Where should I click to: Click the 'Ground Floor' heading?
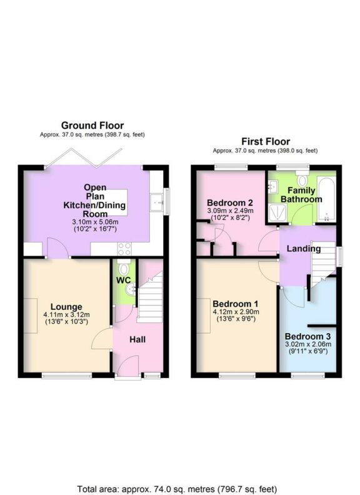tap(92, 126)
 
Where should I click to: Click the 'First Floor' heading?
tap(266, 142)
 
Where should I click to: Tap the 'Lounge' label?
tap(67, 306)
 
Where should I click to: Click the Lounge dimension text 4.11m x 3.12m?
tap(67, 314)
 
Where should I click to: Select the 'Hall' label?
tap(138, 339)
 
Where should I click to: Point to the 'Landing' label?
tap(304, 249)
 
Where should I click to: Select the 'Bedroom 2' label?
tap(229, 202)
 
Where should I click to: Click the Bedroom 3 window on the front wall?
tap(306, 375)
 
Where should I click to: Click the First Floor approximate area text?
tap(265, 151)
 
